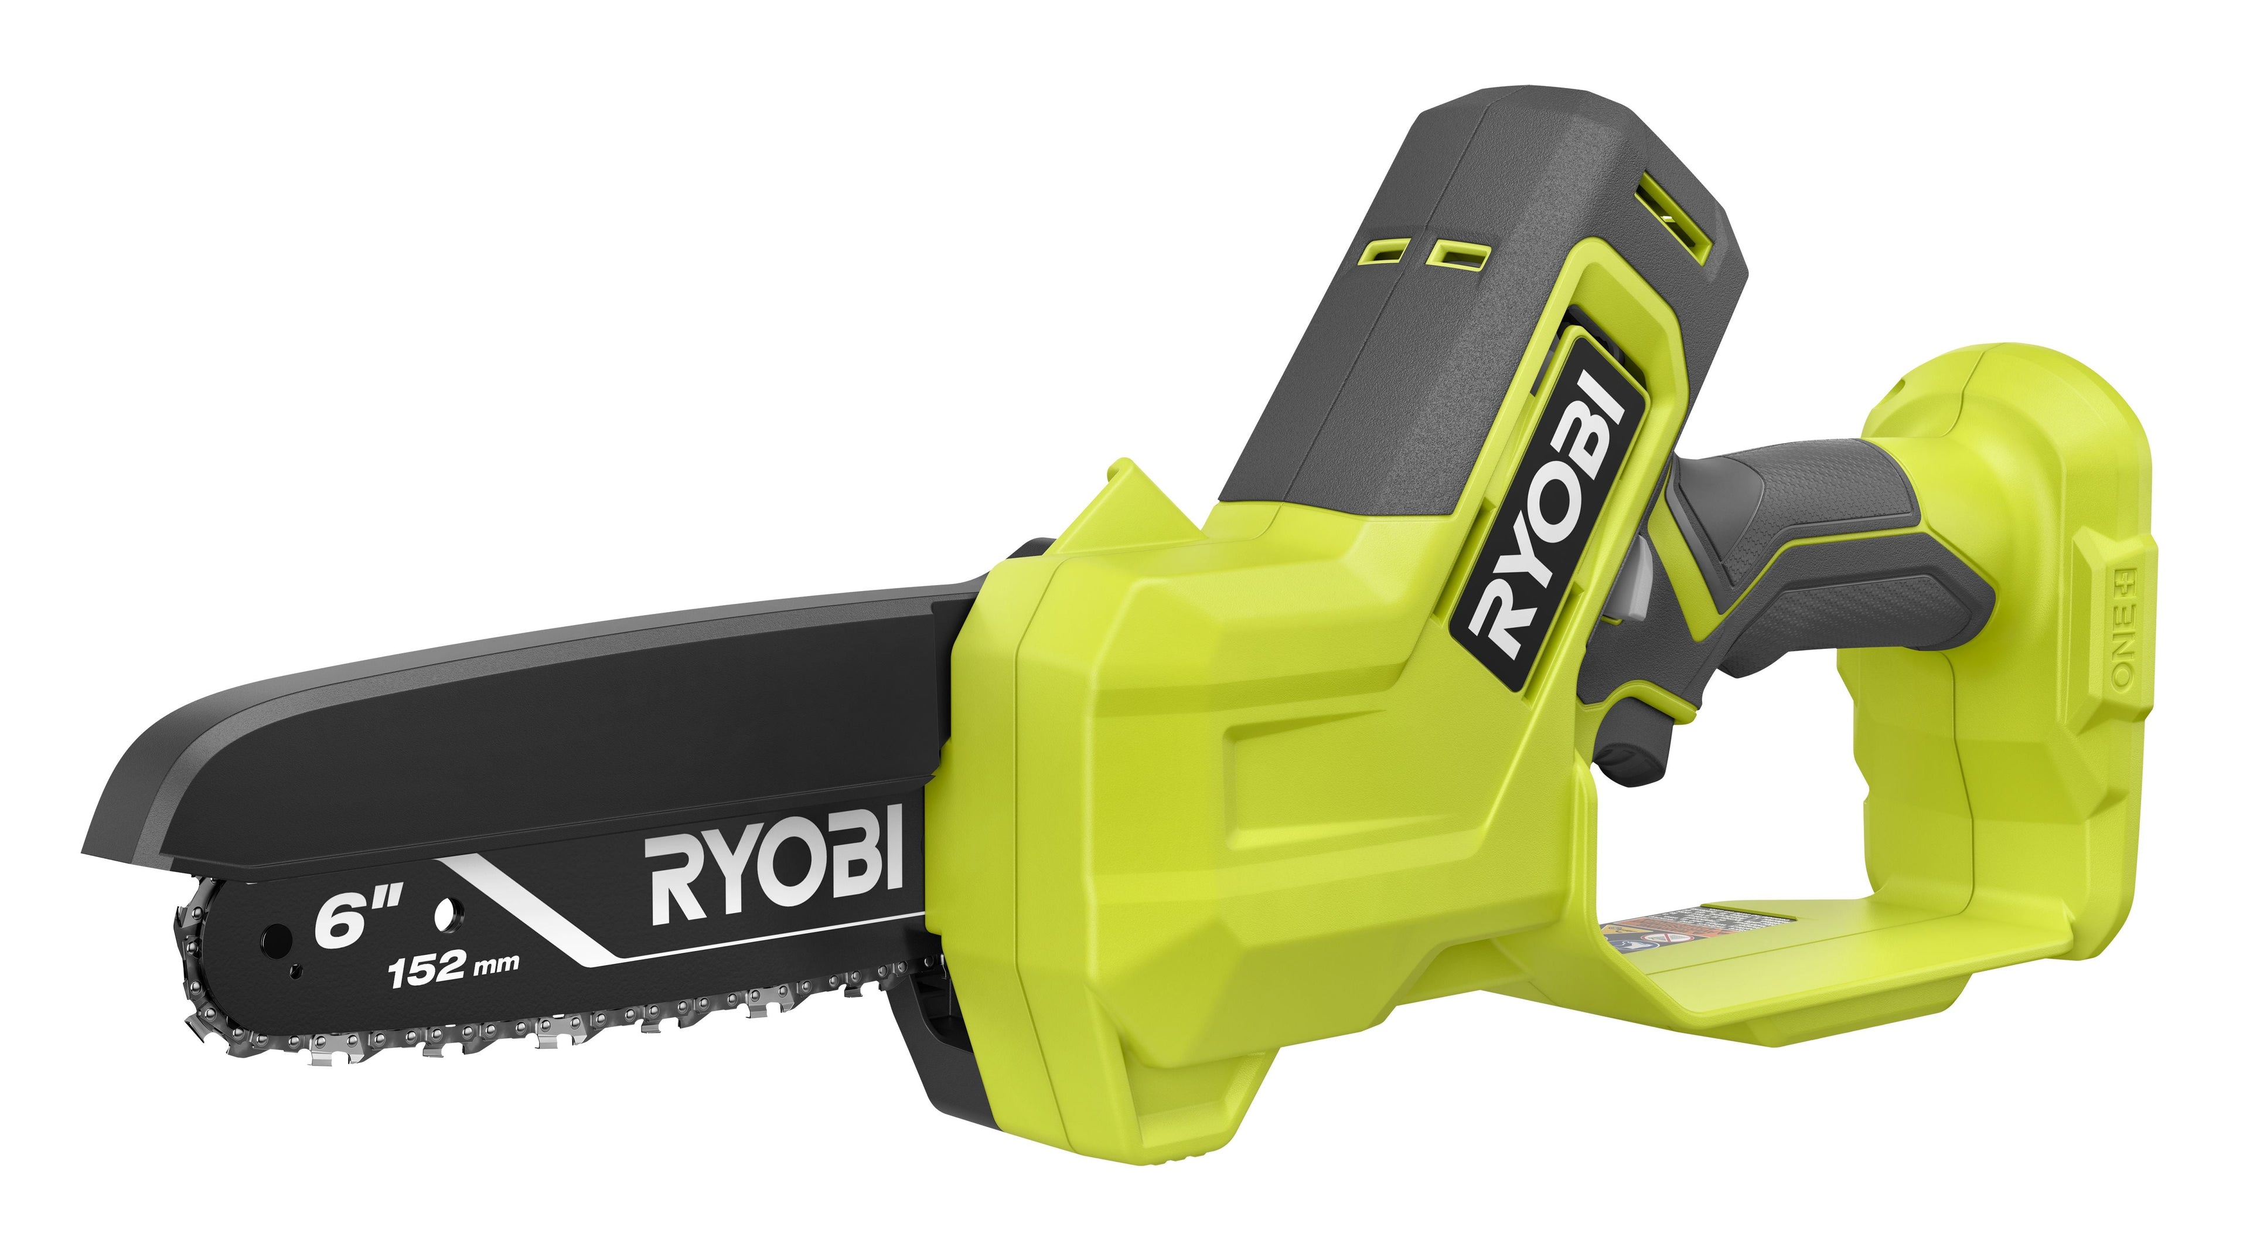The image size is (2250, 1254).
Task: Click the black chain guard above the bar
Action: [x=524, y=743]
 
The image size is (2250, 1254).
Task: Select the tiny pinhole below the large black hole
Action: [x=296, y=969]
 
